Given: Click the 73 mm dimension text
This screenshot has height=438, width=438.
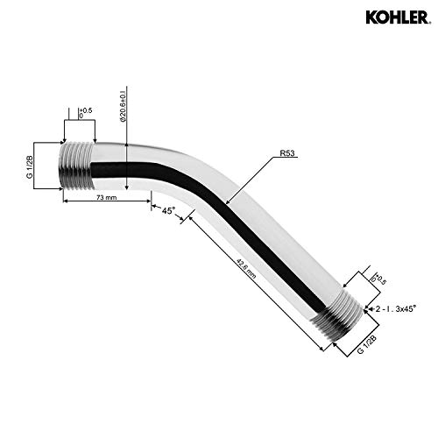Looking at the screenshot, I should click(107, 199).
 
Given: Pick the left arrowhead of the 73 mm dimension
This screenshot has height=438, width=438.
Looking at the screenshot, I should click(66, 204).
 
